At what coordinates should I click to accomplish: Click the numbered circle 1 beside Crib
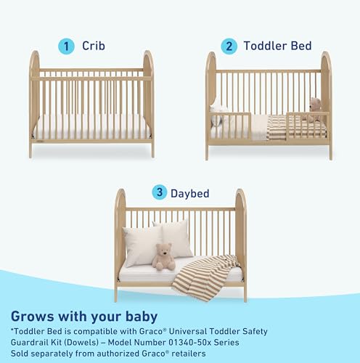click(66, 46)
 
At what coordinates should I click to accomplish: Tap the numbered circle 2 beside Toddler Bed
click(229, 46)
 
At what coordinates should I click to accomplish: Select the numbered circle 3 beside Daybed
click(160, 192)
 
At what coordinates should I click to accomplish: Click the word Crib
click(94, 46)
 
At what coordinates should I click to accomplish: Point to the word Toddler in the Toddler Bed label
click(265, 46)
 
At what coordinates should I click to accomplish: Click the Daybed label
click(190, 193)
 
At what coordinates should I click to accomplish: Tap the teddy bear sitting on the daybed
click(164, 256)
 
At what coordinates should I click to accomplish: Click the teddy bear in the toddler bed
click(314, 110)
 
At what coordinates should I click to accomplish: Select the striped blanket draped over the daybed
click(206, 277)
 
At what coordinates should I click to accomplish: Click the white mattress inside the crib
click(92, 127)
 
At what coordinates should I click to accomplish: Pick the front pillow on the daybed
click(143, 245)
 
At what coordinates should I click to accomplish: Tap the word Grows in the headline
click(33, 317)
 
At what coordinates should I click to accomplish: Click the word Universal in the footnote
click(187, 331)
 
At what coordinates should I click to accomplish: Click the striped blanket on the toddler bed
click(295, 128)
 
